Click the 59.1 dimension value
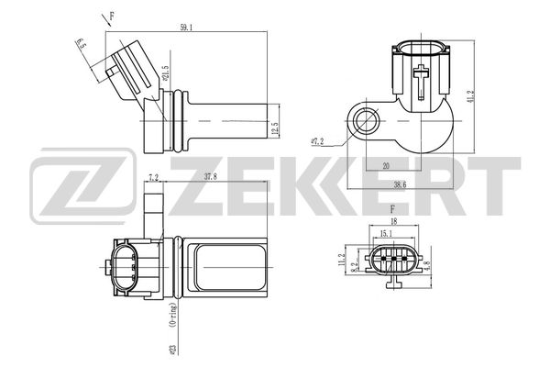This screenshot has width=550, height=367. coord(186,28)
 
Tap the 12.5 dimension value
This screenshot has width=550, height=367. coord(275,128)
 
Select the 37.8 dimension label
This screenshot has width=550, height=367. coord(211,177)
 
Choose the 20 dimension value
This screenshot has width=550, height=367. coord(386,166)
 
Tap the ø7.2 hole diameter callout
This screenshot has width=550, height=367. coord(317,142)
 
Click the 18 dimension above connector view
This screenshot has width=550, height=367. coord(393,221)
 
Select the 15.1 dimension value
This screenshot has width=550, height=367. coord(386,233)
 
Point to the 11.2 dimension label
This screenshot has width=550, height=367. coord(342,261)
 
